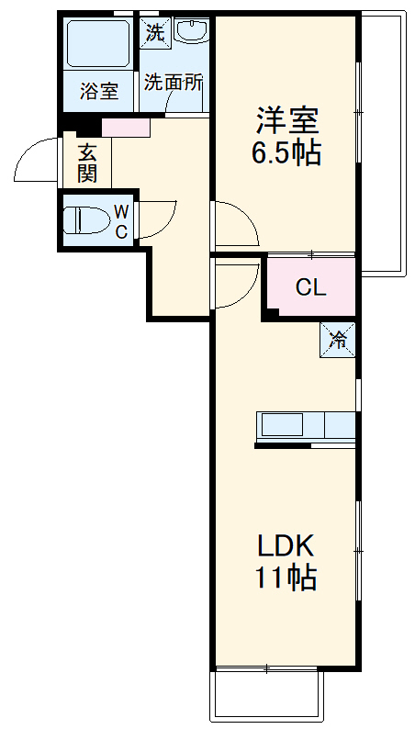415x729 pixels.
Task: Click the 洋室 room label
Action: (x=286, y=120)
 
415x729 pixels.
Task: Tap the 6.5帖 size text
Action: (x=286, y=153)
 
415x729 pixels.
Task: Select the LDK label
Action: (x=286, y=546)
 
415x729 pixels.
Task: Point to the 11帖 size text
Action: (x=286, y=578)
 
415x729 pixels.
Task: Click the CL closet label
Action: (x=309, y=288)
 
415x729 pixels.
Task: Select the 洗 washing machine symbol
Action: (x=154, y=33)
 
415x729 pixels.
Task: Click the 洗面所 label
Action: (x=173, y=81)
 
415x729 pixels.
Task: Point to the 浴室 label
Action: (x=97, y=91)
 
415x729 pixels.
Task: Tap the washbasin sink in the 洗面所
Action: (x=192, y=33)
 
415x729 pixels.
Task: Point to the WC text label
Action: (x=121, y=221)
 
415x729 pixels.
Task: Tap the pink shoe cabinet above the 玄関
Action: (x=125, y=128)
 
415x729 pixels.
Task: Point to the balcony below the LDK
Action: (x=268, y=695)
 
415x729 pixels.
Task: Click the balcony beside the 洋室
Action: (x=381, y=142)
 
